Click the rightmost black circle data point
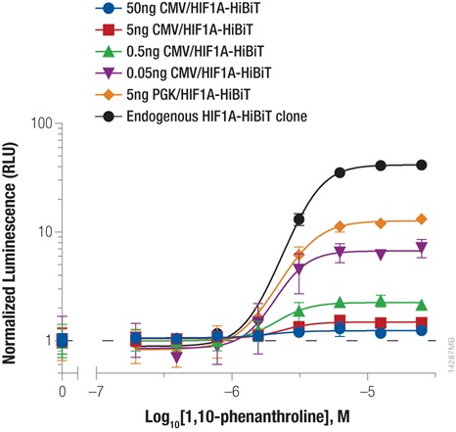[x=422, y=166]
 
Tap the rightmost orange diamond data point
[x=422, y=219]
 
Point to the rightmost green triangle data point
[x=422, y=304]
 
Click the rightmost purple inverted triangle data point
[x=422, y=249]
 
